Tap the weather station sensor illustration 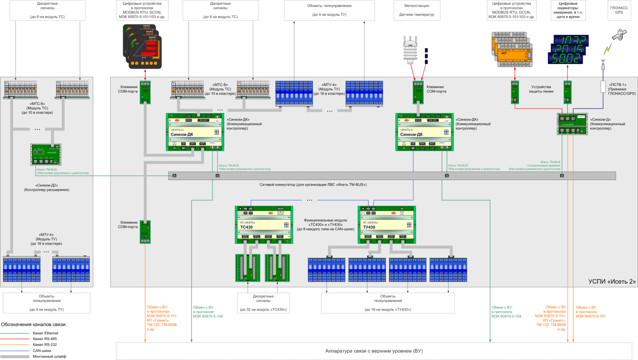point(410,50)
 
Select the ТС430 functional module point(264,225)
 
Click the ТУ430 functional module point(387,225)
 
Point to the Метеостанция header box point(417,10)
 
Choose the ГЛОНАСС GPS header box point(619,10)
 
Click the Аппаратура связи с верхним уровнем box point(374,351)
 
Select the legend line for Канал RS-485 point(15,339)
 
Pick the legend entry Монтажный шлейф point(49,356)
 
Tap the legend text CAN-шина point(42,351)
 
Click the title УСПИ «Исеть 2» point(612,281)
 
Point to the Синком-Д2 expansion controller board point(46,155)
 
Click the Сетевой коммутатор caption point(313,185)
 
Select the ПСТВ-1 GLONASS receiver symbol point(603,87)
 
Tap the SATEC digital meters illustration point(142,46)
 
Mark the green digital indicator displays point(568,49)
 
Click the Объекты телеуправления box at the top point(329,10)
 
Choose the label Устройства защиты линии point(541,89)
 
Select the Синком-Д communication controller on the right point(572,124)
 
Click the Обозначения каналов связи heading point(34,325)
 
